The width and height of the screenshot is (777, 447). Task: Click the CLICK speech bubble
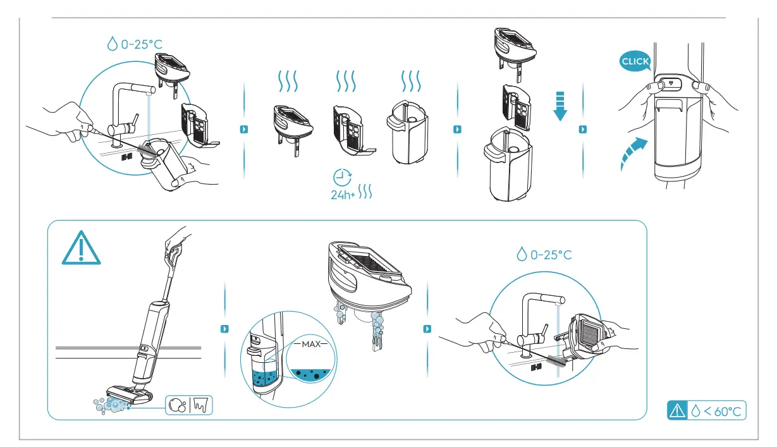635,61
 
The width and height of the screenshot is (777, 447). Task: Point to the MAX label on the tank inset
311,345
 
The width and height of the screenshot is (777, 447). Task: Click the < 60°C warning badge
707,411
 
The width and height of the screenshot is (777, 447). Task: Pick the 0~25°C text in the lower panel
544,255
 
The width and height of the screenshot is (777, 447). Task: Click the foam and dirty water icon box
189,405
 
